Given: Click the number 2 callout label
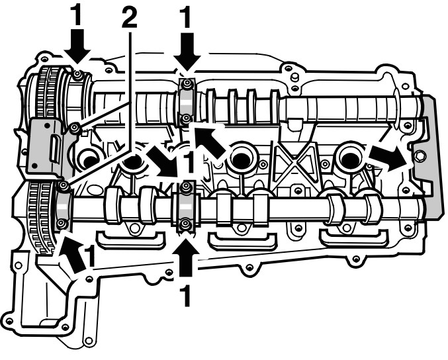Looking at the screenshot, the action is (130, 17).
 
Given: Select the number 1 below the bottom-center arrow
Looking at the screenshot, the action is (187, 296).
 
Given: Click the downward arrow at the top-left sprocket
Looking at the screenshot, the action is (77, 45).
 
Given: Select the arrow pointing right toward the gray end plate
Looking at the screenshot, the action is (388, 158).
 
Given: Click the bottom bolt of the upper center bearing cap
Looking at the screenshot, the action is (187, 118).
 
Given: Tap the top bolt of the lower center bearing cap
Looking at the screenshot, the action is (187, 187).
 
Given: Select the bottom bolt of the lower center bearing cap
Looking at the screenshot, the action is (186, 224).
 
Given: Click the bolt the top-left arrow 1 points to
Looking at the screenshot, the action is (77, 75).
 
